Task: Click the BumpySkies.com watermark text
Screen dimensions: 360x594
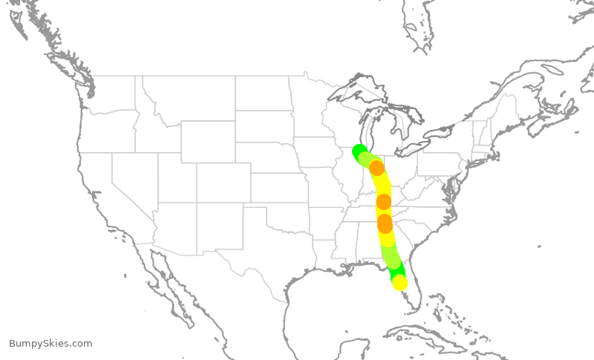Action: coord(50,344)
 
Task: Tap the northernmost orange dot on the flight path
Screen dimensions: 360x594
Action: coord(376,168)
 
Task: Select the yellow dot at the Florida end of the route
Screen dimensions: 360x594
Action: coord(399,283)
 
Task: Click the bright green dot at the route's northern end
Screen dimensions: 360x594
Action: coord(359,152)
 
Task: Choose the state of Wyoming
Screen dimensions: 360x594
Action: coord(208,141)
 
